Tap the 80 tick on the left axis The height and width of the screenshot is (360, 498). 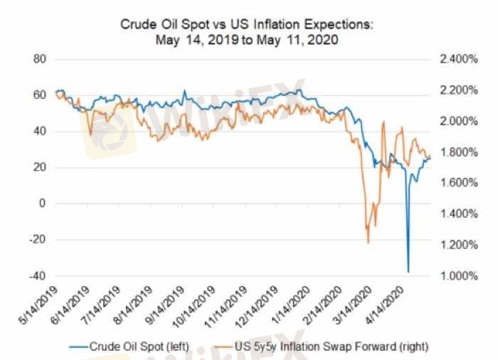[41, 59]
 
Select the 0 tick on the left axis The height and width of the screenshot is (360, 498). [43, 203]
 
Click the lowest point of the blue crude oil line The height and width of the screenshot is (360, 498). [408, 271]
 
